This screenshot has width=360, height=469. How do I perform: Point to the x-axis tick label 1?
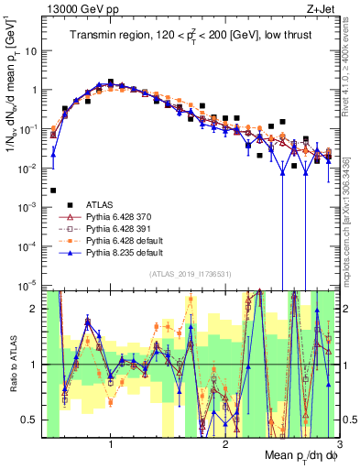coord(110,444)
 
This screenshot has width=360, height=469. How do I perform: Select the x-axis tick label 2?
coord(225,444)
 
